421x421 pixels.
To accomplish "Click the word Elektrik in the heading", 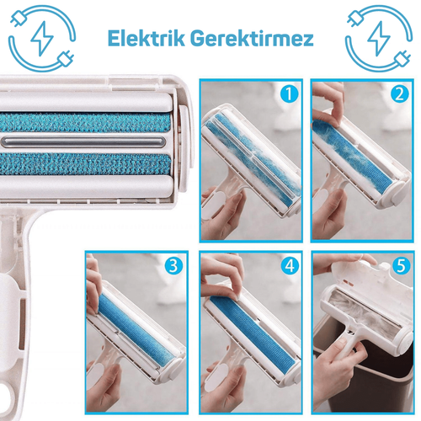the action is (147, 39).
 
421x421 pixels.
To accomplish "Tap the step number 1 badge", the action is (288, 93).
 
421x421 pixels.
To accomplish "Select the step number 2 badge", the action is (400, 93).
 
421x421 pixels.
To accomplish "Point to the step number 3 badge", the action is (174, 265).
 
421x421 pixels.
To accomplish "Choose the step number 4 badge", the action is (289, 265).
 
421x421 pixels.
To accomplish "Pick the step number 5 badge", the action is (400, 265).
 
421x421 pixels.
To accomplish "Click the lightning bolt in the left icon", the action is (41, 39).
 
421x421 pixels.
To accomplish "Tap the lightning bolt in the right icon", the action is (379, 39).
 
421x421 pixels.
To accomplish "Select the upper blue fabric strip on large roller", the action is (85, 122).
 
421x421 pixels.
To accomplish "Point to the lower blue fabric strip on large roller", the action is (85, 164).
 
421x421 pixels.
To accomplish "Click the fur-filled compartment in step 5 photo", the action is (365, 312).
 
